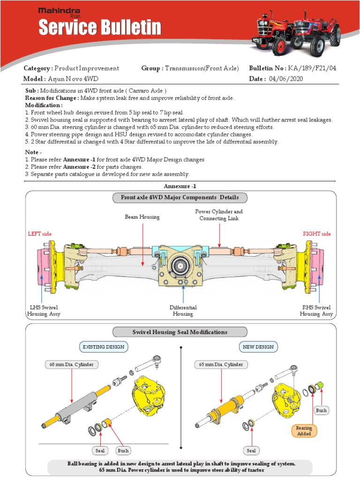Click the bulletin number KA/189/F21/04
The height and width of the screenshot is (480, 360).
click(313, 68)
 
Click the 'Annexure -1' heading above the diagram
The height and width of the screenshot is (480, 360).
click(180, 186)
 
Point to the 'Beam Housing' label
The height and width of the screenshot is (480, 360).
click(142, 217)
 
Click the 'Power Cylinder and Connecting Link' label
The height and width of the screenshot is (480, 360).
click(219, 215)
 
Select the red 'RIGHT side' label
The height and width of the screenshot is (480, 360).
click(317, 233)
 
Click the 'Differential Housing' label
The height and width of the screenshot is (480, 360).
click(183, 311)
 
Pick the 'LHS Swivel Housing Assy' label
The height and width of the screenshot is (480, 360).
click(44, 311)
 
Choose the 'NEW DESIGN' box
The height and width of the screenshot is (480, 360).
click(258, 347)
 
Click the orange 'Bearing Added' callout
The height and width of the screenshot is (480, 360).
click(304, 431)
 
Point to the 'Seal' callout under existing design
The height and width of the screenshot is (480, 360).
click(100, 451)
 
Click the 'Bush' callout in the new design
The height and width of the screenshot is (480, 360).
click(321, 410)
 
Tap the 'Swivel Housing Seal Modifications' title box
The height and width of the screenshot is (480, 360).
click(180, 332)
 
